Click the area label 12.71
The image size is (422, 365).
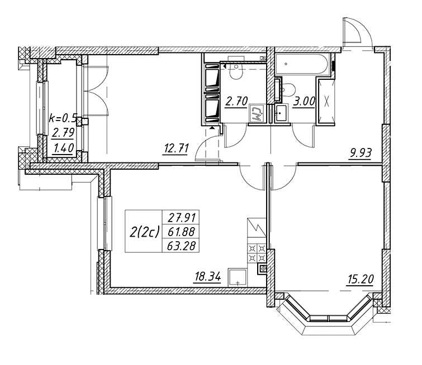pyautogui.click(x=176, y=148)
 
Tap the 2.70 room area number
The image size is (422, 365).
pyautogui.click(x=236, y=102)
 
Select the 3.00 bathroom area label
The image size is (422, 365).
pyautogui.click(x=304, y=102)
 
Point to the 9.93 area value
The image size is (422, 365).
pyautogui.click(x=360, y=153)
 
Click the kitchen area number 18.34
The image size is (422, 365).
pyautogui.click(x=207, y=277)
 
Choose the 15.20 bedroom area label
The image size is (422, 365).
pyautogui.click(x=360, y=280)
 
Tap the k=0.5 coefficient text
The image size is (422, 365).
pyautogui.click(x=64, y=118)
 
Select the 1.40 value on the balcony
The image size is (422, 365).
pyautogui.click(x=63, y=148)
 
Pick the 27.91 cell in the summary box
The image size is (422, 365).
pyautogui.click(x=182, y=217)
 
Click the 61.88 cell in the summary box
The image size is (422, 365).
pyautogui.click(x=181, y=232)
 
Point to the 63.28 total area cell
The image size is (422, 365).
pyautogui.click(x=181, y=246)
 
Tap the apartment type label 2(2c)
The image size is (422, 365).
pyautogui.click(x=145, y=232)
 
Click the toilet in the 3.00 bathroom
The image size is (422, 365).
pyautogui.click(x=288, y=89)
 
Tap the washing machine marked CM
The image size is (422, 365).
pyautogui.click(x=258, y=114)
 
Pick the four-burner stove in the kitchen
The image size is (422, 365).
pyautogui.click(x=257, y=253)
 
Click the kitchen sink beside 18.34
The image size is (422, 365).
pyautogui.click(x=238, y=277)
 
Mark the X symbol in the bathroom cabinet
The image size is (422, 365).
pyautogui.click(x=326, y=102)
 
